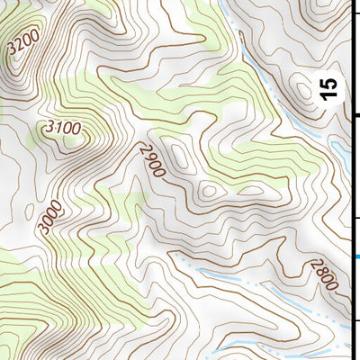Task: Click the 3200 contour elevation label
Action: [x=22, y=44]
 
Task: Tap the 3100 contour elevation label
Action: [x=62, y=130]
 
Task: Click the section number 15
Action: [x=330, y=87]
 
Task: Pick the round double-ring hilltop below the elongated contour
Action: [x=209, y=190]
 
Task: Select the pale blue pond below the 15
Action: [x=340, y=148]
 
